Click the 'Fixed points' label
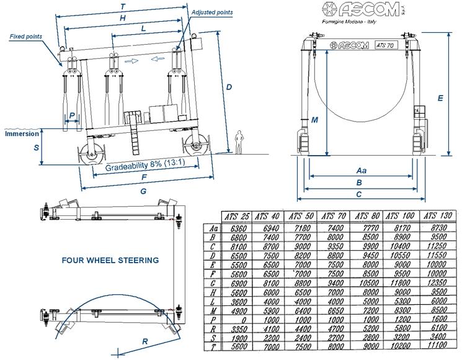[x=26, y=37]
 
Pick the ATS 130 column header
[x=438, y=216]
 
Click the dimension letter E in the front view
[x=440, y=97]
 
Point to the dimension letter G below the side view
[x=143, y=192]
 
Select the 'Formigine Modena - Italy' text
[x=349, y=22]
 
